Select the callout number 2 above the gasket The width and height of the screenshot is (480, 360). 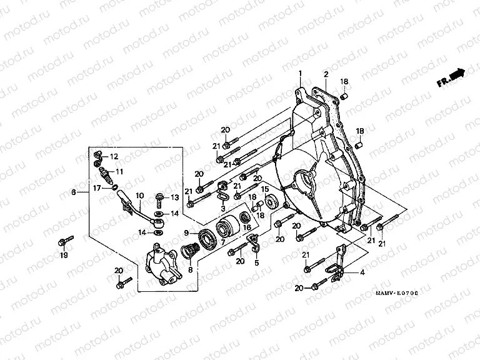pyautogui.click(x=326, y=74)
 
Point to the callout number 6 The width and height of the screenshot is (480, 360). pyautogui.click(x=74, y=192)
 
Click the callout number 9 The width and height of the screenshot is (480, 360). pyautogui.click(x=186, y=233)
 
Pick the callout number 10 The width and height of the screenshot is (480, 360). pyautogui.click(x=139, y=195)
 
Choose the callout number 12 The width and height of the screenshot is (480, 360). pyautogui.click(x=114, y=156)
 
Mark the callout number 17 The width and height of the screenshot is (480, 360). pyautogui.click(x=97, y=187)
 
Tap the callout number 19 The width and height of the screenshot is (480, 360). pyautogui.click(x=63, y=256)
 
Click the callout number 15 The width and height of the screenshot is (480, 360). pyautogui.click(x=265, y=189)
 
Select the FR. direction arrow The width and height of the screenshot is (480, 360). pyautogui.click(x=451, y=77)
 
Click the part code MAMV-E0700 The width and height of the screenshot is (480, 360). pyautogui.click(x=397, y=292)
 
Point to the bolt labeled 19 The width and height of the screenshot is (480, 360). pyautogui.click(x=64, y=241)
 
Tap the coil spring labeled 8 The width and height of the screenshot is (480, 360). pyautogui.click(x=190, y=253)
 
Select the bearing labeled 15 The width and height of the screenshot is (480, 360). pyautogui.click(x=272, y=202)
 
